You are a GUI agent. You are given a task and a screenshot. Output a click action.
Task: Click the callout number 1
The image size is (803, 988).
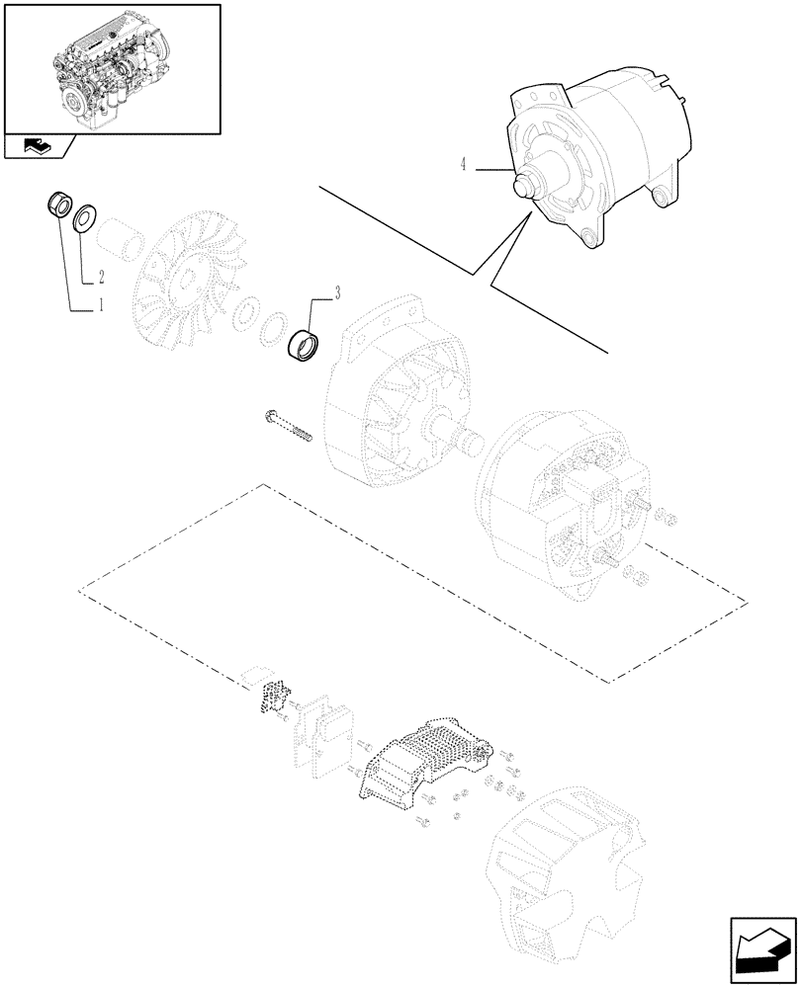tap(99, 308)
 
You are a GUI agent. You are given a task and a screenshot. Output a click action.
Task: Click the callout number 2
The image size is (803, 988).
tap(100, 279)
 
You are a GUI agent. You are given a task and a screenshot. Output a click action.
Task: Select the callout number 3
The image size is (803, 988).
tap(338, 293)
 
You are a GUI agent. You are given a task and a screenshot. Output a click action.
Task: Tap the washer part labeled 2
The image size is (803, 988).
tap(84, 214)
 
